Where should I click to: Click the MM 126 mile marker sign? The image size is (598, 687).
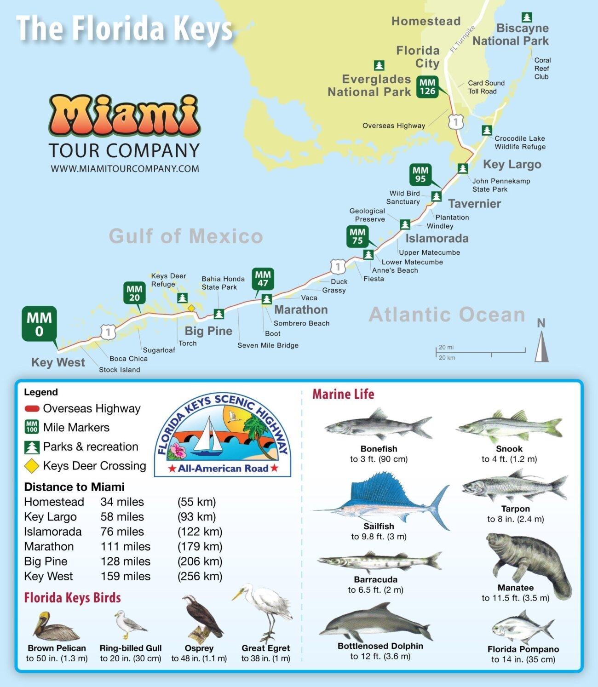(427, 87)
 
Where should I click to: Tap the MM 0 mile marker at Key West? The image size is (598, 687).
(39, 324)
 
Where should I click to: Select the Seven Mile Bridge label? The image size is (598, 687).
(268, 345)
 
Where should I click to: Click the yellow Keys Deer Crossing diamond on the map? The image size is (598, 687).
(191, 308)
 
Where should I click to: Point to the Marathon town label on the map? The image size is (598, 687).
(301, 310)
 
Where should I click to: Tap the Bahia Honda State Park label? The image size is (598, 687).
(223, 283)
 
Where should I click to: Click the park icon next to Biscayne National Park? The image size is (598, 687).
(527, 17)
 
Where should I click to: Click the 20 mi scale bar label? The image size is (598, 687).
(446, 347)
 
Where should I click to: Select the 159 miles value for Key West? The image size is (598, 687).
(126, 576)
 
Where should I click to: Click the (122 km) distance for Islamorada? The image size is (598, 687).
(200, 532)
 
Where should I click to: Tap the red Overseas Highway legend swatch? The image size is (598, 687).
(32, 408)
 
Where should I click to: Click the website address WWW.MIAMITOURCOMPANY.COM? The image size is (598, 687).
(125, 169)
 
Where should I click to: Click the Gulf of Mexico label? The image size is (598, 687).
(186, 236)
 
